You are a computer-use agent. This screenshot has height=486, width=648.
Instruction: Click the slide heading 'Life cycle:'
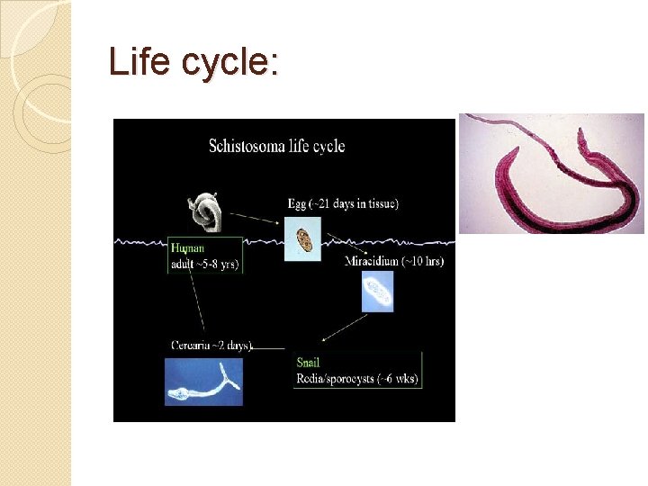pyautogui.click(x=193, y=62)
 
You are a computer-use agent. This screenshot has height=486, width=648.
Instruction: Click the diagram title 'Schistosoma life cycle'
pyautogui.click(x=276, y=146)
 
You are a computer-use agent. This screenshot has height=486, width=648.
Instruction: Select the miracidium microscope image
pyautogui.click(x=377, y=292)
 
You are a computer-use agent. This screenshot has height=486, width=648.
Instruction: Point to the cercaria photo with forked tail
pyautogui.click(x=203, y=382)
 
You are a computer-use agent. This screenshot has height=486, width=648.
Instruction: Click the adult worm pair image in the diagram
pyautogui.click(x=205, y=212)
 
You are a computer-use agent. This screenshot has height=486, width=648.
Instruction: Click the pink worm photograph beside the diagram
pyautogui.click(x=551, y=173)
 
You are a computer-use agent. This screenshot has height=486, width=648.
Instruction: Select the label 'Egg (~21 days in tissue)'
pyautogui.click(x=343, y=204)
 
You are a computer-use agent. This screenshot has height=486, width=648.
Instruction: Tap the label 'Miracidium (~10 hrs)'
pyautogui.click(x=394, y=262)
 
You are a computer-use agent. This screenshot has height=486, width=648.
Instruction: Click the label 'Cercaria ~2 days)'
pyautogui.click(x=212, y=345)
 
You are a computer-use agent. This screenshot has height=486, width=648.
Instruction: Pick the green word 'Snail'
pyautogui.click(x=310, y=362)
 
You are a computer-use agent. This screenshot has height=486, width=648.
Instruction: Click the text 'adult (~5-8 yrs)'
pyautogui.click(x=205, y=265)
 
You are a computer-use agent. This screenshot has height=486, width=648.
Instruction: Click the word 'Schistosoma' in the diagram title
pyautogui.click(x=243, y=146)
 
